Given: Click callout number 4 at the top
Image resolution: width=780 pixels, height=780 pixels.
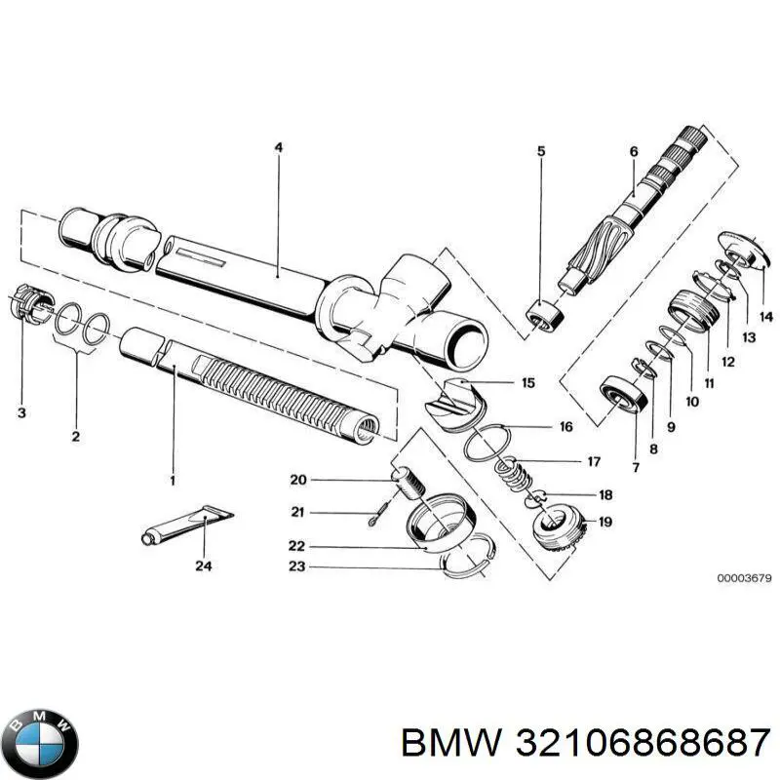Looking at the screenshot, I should click(x=278, y=148).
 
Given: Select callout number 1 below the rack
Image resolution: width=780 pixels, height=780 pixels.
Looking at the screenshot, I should click(x=173, y=481).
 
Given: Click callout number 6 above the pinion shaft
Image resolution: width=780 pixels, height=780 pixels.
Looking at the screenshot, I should click(x=633, y=151).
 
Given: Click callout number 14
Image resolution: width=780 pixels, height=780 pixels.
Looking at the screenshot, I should click(x=765, y=316).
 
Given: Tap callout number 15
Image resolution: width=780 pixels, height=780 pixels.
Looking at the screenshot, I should click(x=527, y=383).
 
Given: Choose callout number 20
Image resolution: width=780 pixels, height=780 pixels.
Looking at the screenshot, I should click(x=298, y=479).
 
